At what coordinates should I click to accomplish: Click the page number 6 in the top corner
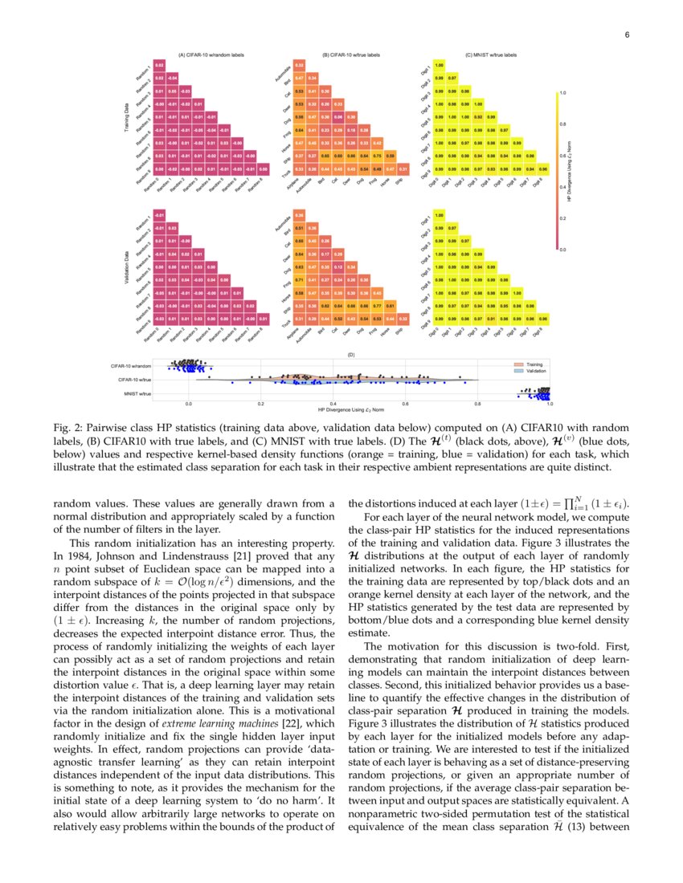tap(626, 35)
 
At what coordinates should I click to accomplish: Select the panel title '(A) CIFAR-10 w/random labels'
tap(211, 55)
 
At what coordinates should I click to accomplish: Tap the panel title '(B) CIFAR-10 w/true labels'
tap(350, 55)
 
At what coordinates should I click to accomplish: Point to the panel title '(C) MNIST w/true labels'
tap(491, 55)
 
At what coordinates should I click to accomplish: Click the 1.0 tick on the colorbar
tap(562, 93)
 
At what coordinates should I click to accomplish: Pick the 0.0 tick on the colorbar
tap(562, 250)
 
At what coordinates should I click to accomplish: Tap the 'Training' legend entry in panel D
tap(534, 364)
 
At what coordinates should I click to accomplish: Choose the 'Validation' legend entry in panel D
tap(535, 372)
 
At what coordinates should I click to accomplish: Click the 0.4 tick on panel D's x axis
tap(333, 403)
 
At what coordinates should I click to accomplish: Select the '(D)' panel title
tap(350, 354)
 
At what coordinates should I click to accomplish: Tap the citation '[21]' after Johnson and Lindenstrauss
tap(232, 555)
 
